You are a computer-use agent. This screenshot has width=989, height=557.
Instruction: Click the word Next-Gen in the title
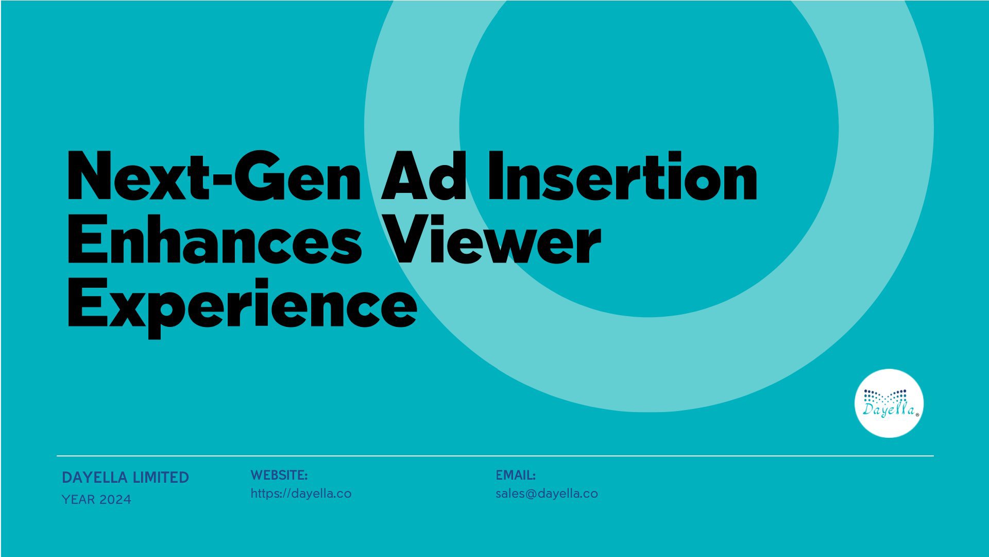click(214, 175)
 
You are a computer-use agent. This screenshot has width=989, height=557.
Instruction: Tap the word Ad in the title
click(423, 175)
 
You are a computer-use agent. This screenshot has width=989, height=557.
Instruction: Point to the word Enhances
click(214, 240)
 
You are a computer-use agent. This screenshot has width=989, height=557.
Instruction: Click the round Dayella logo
click(889, 403)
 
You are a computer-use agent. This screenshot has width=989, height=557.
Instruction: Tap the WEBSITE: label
click(279, 474)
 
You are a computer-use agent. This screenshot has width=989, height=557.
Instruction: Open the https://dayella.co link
click(301, 494)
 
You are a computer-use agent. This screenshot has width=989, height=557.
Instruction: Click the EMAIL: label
click(516, 474)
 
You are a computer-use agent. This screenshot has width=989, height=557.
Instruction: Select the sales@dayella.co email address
click(547, 494)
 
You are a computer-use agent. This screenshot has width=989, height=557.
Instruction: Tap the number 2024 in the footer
click(115, 499)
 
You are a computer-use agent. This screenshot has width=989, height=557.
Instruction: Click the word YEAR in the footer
click(78, 499)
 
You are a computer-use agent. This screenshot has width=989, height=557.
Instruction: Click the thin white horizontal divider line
click(495, 456)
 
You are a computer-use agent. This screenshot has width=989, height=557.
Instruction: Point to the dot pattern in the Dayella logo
click(885, 396)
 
